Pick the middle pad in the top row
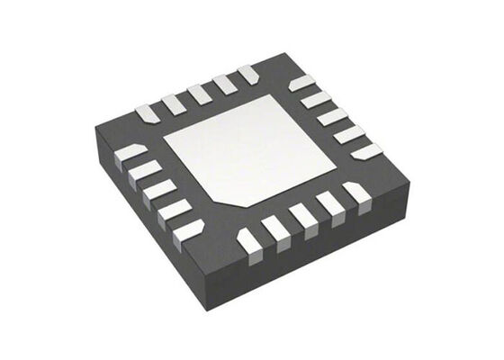(x=199, y=93)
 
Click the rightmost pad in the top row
(x=247, y=73)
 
